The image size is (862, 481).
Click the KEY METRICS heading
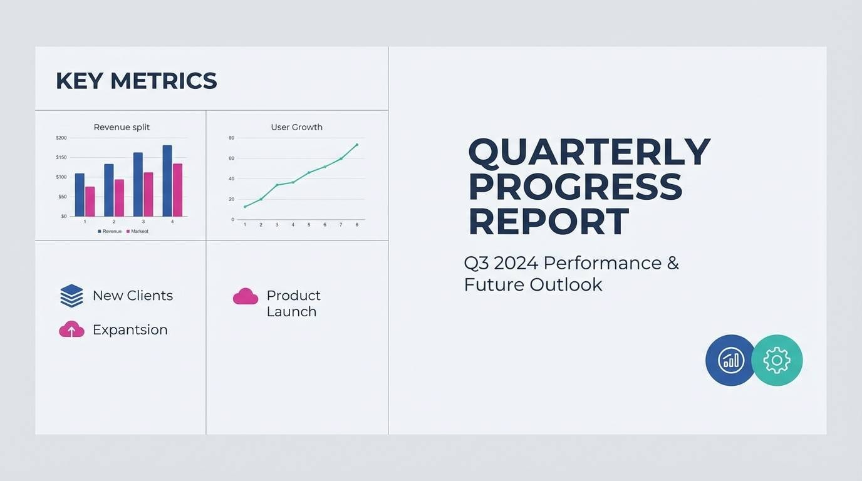(136, 81)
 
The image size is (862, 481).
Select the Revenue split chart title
(122, 127)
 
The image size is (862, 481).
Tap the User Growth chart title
(297, 127)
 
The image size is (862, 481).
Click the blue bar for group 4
(167, 180)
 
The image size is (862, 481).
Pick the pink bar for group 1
(90, 201)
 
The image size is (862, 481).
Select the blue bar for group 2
(109, 190)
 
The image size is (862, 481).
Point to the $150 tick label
(61, 157)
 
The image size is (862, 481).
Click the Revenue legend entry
(110, 231)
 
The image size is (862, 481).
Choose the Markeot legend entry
(137, 231)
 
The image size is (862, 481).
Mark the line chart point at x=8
(357, 145)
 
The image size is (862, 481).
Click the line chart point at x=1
(245, 207)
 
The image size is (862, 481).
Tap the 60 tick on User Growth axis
(231, 158)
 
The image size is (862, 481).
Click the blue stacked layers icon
(71, 296)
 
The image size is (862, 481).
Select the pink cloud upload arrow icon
(71, 329)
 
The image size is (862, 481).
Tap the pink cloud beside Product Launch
(246, 296)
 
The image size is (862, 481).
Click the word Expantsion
(130, 330)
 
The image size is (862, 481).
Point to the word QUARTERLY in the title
(589, 152)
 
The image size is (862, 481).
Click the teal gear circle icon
(777, 360)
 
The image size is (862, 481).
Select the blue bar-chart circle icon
(731, 360)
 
